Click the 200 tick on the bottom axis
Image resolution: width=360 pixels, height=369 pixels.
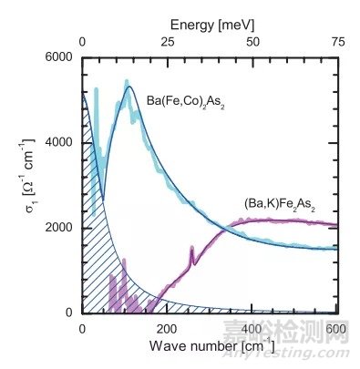pos(169,326)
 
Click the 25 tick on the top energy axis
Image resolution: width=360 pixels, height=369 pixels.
pos(169,40)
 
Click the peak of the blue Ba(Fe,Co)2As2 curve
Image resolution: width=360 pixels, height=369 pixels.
pos(129,87)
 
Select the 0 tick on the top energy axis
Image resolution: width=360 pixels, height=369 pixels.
pos(83,40)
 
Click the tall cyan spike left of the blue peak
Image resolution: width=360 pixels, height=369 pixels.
pos(96,89)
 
